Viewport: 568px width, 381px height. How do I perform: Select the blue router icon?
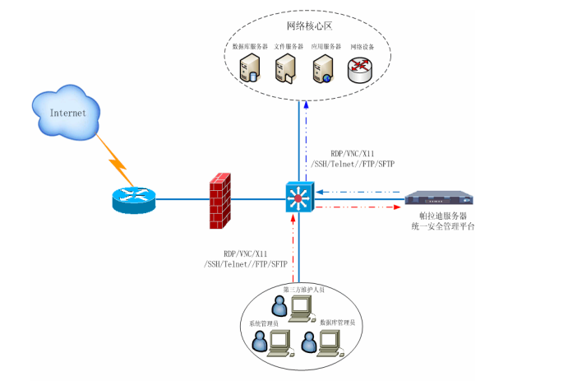pyautogui.click(x=133, y=199)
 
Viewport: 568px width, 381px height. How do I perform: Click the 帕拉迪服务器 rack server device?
pyautogui.click(x=439, y=198)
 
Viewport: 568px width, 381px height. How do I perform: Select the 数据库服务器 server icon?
pyautogui.click(x=249, y=70)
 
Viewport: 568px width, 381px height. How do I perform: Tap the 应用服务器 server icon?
pyautogui.click(x=321, y=70)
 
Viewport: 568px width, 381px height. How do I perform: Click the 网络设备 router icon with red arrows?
pyautogui.click(x=360, y=70)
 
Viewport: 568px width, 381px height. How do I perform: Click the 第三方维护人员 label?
pyautogui.click(x=307, y=289)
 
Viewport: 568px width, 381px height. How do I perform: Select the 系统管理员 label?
pyautogui.click(x=264, y=324)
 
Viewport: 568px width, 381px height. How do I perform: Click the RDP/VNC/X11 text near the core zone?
pyautogui.click(x=349, y=154)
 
